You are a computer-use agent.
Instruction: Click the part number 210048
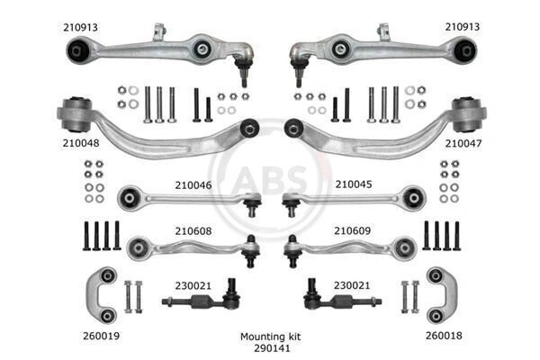click(81, 143)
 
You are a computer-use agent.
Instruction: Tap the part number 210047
click(463, 143)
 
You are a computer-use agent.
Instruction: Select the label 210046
click(193, 185)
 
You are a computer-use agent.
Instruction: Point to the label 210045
click(354, 184)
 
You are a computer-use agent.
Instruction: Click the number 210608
click(193, 230)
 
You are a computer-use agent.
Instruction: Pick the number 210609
click(352, 230)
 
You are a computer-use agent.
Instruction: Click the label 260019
click(101, 336)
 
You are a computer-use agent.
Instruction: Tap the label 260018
click(444, 336)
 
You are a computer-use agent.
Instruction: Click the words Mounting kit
click(270, 337)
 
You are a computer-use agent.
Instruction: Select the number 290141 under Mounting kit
click(272, 348)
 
